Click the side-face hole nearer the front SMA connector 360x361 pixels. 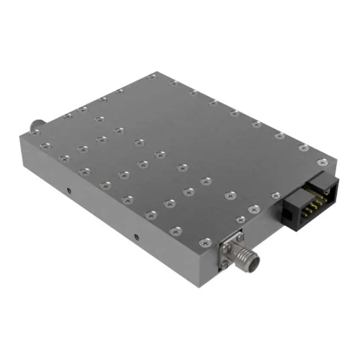(135, 238)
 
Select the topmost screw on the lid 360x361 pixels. (152, 77)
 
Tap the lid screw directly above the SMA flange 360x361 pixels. (241, 219)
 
